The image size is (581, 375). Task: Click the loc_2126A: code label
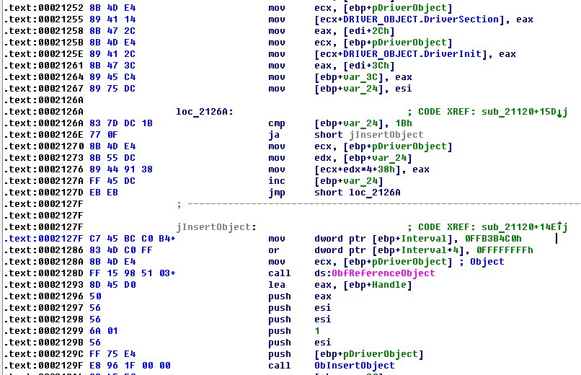[x=204, y=112]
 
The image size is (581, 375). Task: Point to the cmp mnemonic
[x=276, y=123]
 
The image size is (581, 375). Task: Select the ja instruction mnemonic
[x=273, y=135]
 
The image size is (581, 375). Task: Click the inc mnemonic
[x=276, y=181]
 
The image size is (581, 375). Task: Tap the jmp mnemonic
[x=276, y=193]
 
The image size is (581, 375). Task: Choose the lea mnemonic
[x=276, y=285]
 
